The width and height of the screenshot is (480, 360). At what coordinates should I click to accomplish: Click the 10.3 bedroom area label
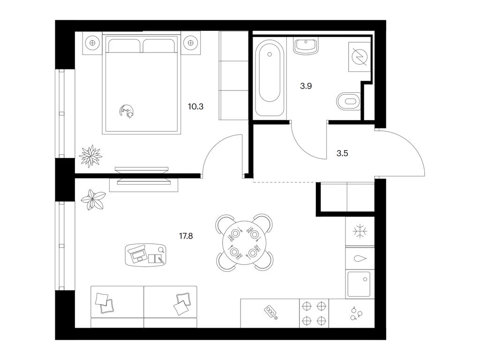[195, 107]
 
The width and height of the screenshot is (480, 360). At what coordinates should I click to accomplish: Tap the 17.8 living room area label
[186, 236]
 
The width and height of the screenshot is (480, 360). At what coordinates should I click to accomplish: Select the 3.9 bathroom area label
[306, 86]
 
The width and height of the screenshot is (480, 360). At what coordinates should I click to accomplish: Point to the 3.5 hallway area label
[342, 153]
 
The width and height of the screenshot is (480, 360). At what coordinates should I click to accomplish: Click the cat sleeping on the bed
[127, 111]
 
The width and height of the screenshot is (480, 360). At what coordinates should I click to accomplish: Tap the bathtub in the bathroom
[270, 78]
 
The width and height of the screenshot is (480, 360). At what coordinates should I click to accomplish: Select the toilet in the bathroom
[349, 101]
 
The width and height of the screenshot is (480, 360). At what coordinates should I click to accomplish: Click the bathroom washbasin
[306, 46]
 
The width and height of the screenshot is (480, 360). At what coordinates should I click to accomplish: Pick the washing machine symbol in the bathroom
[360, 57]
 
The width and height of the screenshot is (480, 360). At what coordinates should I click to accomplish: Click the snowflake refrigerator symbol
[360, 231]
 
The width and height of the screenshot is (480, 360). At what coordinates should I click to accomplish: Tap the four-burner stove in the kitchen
[314, 313]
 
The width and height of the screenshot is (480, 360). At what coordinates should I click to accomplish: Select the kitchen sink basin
[359, 284]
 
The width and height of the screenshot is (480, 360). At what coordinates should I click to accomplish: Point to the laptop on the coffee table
[139, 254]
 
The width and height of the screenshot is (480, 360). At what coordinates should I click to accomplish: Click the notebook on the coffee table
[157, 258]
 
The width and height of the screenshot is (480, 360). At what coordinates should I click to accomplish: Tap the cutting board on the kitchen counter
[271, 312]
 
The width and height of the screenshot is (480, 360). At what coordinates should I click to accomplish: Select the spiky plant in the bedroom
[90, 156]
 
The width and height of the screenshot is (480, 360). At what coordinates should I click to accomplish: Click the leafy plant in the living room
[93, 200]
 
